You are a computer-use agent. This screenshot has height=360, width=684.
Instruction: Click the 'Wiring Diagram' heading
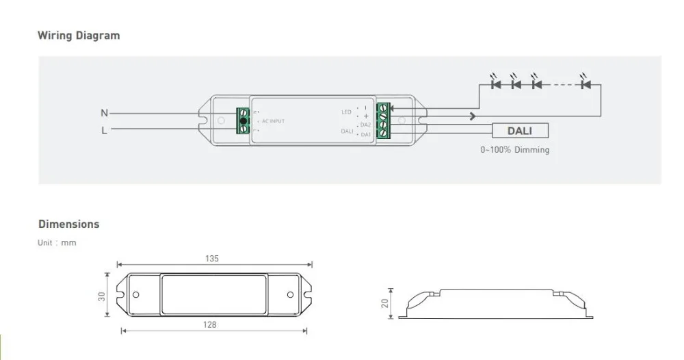click(79, 36)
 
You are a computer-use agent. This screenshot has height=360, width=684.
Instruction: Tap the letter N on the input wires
click(104, 113)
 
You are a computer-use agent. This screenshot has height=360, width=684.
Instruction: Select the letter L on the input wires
click(104, 130)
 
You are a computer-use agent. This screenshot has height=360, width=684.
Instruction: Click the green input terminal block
click(243, 120)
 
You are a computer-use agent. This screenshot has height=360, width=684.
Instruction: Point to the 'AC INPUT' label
click(273, 121)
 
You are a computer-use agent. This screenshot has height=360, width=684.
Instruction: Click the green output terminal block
click(383, 120)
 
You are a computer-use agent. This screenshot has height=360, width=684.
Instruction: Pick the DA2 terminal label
click(365, 125)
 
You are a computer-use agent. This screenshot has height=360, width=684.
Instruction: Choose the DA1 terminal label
click(365, 134)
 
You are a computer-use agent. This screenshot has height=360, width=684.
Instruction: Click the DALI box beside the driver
click(520, 131)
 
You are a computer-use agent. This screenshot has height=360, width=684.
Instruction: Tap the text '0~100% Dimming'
click(515, 150)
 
